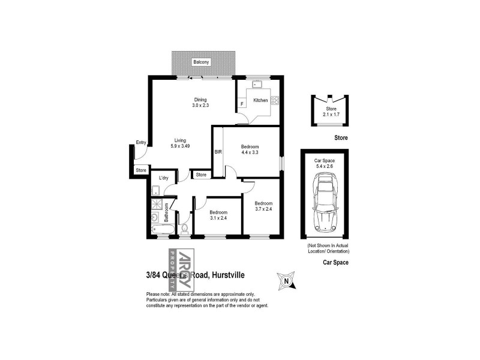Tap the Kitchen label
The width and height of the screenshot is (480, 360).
click(260, 100)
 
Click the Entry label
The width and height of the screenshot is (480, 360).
click(141, 142)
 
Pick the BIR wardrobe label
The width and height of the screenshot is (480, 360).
click(218, 152)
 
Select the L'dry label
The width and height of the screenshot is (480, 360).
click(163, 178)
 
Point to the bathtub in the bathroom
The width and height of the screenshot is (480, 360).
click(163, 229)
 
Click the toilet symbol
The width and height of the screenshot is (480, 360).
click(184, 228)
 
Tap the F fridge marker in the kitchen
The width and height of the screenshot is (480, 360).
click(242, 104)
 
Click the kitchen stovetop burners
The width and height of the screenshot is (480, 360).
click(275, 100)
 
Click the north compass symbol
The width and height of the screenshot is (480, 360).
click(287, 280)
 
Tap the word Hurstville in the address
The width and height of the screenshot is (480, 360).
click(227, 275)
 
